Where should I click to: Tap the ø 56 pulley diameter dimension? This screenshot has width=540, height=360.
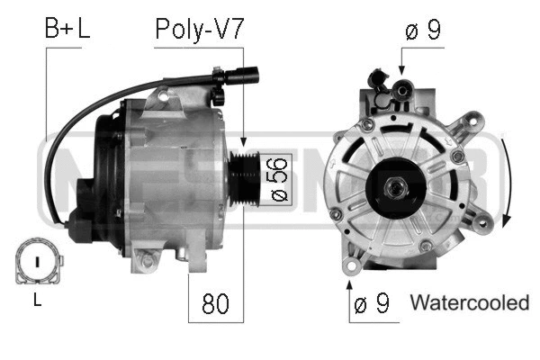[277, 177]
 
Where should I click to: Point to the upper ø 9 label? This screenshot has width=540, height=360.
[421, 31]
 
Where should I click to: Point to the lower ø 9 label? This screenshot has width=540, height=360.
[371, 304]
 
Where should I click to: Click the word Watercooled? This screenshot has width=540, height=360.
[469, 303]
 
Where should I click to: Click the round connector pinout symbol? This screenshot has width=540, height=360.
[37, 262]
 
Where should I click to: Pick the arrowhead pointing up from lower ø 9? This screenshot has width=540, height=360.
[349, 284]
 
